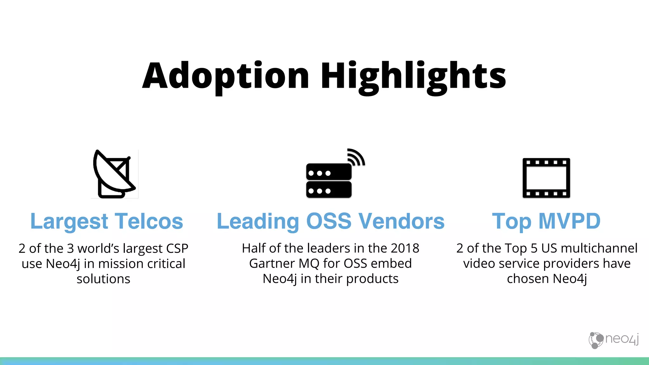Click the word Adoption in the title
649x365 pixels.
(225, 76)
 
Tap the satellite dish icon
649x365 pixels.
(114, 174)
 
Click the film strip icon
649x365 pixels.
(546, 178)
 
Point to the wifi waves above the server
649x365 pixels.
(357, 157)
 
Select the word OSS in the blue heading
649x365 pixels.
(329, 221)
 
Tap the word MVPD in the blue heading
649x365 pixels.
(569, 221)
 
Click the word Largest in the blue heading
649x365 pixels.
(69, 221)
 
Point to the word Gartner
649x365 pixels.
(272, 264)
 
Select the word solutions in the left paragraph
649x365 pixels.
(103, 279)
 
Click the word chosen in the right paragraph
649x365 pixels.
(528, 279)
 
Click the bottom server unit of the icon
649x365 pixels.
(329, 190)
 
